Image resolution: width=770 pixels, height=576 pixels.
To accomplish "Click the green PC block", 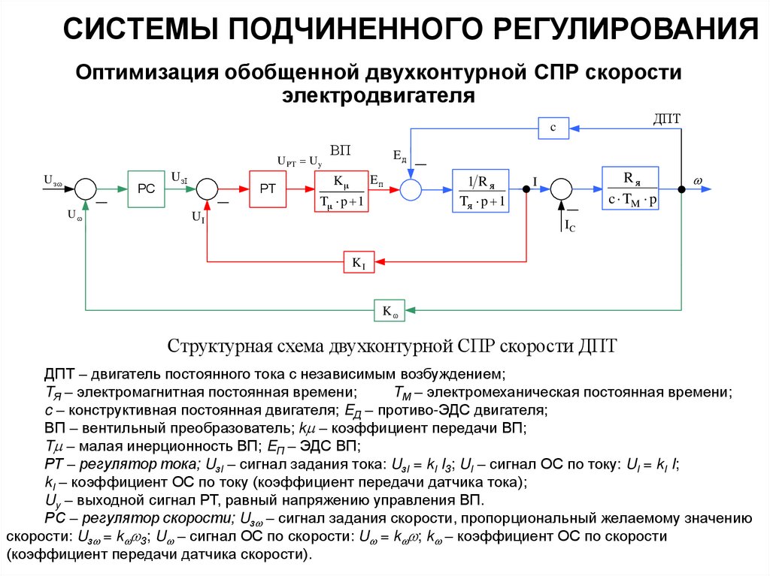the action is [146, 189].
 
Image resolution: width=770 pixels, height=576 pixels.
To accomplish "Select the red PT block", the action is [268, 189].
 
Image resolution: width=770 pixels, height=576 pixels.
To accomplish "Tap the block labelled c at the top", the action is [553, 128].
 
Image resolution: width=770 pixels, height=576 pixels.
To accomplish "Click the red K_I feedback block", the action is [359, 262].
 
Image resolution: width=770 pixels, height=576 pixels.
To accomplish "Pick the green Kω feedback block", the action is [390, 309].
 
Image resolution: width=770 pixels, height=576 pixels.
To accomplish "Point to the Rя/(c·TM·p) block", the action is [630, 189].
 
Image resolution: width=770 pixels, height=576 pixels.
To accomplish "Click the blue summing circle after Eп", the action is [411, 189].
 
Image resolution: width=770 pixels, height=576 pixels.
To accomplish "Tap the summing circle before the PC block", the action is [87, 189].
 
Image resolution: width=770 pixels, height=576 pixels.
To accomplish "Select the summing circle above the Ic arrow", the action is [561, 189].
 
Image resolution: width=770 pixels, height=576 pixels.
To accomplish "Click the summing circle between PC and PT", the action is [208, 189].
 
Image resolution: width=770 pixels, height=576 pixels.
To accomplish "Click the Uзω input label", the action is [53, 180].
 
